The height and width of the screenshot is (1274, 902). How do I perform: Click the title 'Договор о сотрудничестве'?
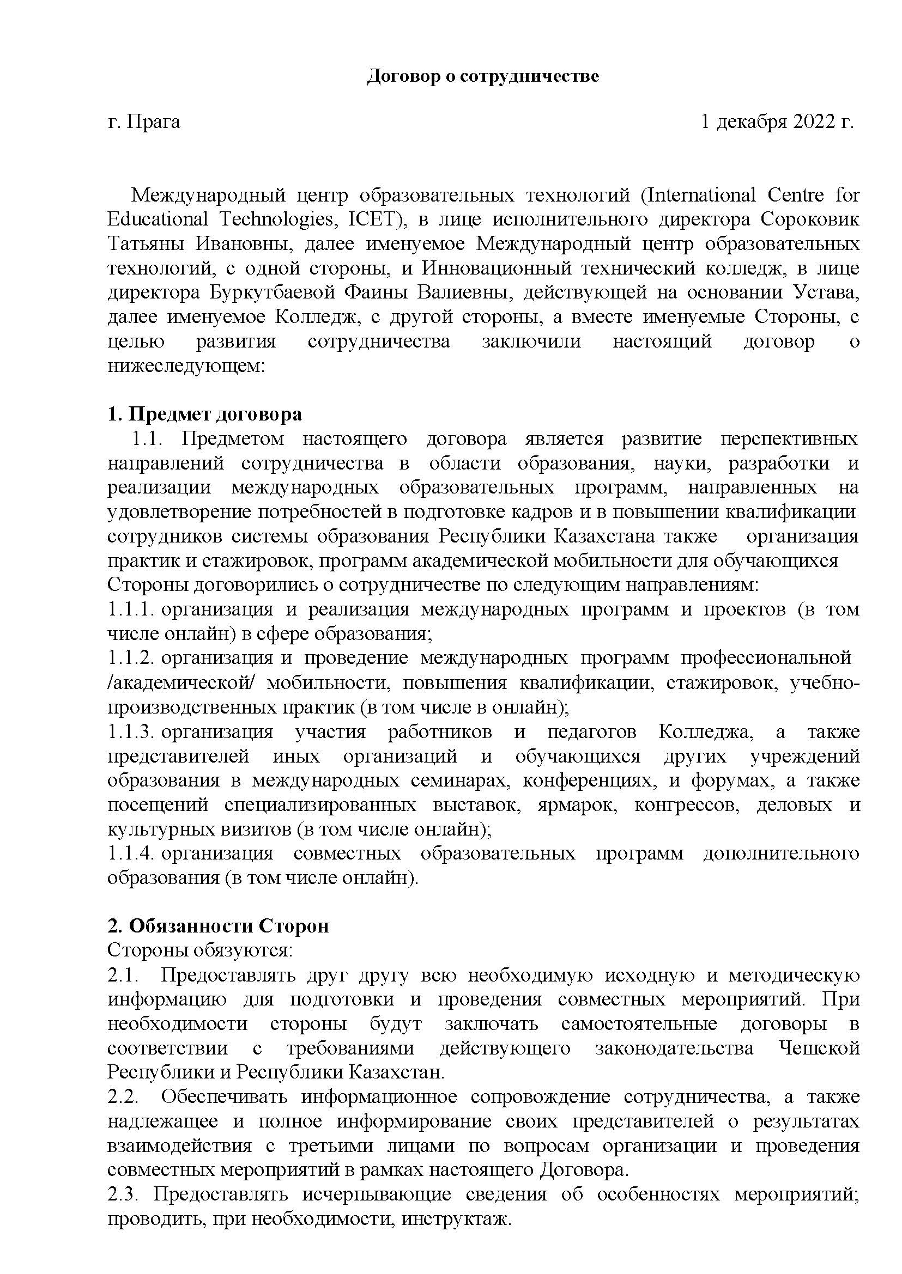483,76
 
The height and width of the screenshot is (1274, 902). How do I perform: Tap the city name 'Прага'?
153,121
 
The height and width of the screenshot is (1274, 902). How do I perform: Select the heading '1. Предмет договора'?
205,414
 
